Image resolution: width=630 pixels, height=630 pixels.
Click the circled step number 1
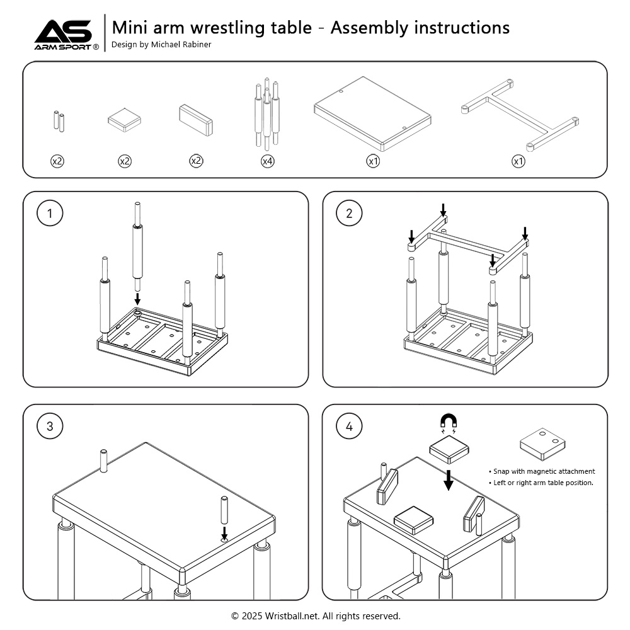pyautogui.click(x=50, y=214)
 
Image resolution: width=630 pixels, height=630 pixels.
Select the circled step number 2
pyautogui.click(x=349, y=214)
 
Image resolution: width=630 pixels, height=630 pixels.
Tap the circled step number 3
pyautogui.click(x=50, y=427)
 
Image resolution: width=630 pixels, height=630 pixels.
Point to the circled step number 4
pyautogui.click(x=349, y=427)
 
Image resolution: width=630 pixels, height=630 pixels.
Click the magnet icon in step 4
pyautogui.click(x=449, y=422)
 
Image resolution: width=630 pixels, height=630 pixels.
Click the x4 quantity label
pyautogui.click(x=268, y=161)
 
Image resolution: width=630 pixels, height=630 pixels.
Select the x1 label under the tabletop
pyautogui.click(x=373, y=161)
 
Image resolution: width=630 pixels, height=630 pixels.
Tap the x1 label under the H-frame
pyautogui.click(x=518, y=161)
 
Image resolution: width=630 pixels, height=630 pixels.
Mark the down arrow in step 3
pyautogui.click(x=224, y=533)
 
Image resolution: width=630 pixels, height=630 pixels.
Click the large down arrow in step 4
pyautogui.click(x=448, y=480)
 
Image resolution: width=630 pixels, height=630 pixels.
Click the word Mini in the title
pyautogui.click(x=128, y=28)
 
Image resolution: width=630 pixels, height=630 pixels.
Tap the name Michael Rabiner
pyautogui.click(x=181, y=45)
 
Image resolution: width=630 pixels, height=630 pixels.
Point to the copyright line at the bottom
pyautogui.click(x=316, y=616)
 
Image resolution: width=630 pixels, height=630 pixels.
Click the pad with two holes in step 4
pyautogui.click(x=542, y=445)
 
